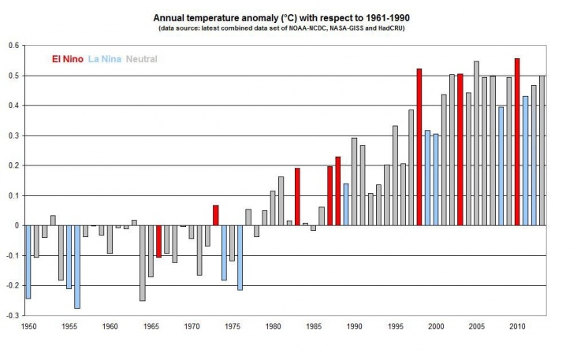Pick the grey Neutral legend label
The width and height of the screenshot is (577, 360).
point(141,58)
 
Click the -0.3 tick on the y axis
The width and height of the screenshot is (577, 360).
point(13,315)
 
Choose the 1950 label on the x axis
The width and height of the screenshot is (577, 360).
point(29,326)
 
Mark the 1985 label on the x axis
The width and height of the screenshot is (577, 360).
point(313,326)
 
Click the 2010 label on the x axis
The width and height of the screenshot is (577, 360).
point(516,326)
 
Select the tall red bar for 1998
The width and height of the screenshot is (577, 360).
point(419,147)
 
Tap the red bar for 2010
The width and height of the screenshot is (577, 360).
point(516,142)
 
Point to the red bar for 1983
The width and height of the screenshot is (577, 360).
point(297,197)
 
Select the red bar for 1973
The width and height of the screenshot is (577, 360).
point(215,215)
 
